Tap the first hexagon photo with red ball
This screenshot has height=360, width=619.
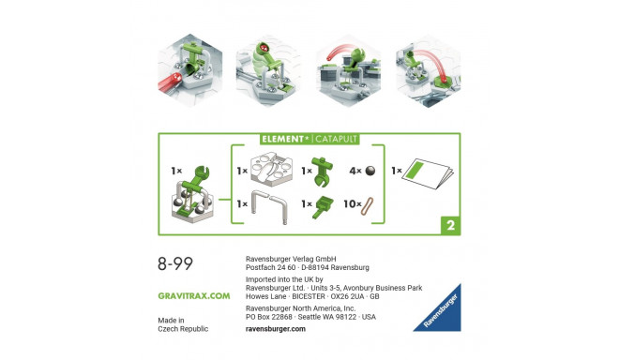179,70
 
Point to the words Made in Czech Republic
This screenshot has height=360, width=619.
183,324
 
